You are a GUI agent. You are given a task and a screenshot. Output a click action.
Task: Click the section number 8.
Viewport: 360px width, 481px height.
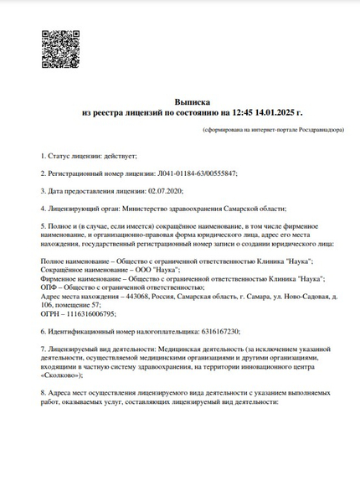pyautogui.click(x=43, y=393)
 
